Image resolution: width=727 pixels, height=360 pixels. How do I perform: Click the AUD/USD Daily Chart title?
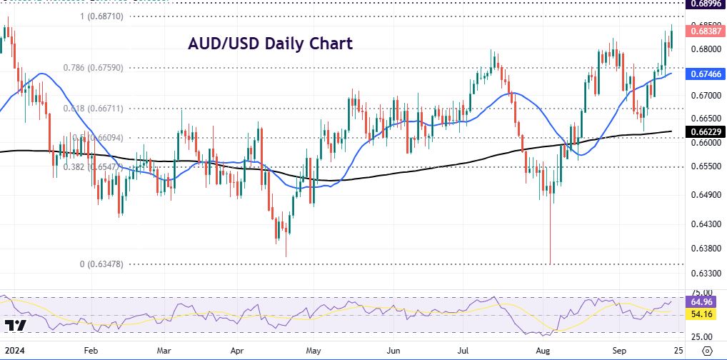point(270,44)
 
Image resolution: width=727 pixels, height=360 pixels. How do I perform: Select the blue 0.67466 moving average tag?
point(703,74)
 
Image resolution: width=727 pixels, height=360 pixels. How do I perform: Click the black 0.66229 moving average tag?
point(703,131)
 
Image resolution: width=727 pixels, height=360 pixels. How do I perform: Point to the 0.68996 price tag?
point(703,4)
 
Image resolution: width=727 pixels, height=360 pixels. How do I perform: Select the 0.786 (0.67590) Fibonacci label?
point(93,68)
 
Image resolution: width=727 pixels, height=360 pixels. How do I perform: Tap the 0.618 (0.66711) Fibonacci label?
point(93,109)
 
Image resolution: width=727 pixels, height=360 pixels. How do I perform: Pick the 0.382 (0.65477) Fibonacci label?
point(93,166)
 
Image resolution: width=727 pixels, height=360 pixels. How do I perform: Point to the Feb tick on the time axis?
point(90,351)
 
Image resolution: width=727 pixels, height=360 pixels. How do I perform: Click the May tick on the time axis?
point(312,351)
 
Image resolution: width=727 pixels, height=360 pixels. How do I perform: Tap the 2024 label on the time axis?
point(12,351)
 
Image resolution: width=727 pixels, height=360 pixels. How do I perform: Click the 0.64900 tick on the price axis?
point(703,194)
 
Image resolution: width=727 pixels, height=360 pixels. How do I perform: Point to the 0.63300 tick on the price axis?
point(703,274)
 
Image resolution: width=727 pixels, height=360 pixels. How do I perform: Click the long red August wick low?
point(551,261)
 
